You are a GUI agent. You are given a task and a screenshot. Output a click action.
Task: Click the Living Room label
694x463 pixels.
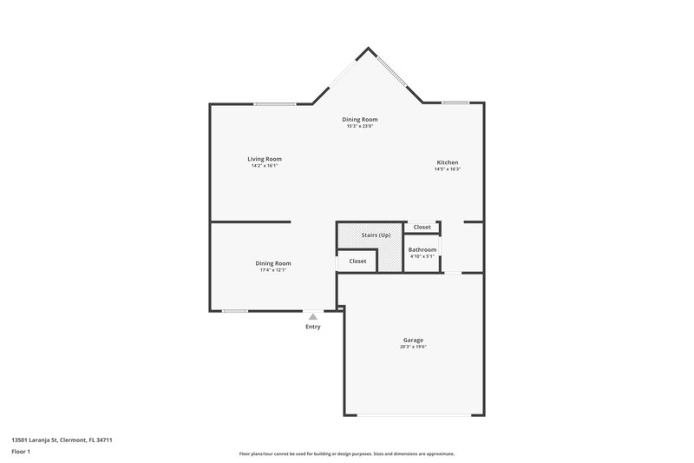coord(265,159)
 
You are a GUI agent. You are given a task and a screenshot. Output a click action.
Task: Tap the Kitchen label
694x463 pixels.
coord(448,162)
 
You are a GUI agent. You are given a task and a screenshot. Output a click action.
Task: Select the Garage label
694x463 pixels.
coord(413,340)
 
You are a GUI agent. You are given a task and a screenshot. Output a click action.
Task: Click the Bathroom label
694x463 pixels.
coord(423,249)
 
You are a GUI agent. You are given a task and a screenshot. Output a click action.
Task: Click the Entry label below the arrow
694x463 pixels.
coord(313,327)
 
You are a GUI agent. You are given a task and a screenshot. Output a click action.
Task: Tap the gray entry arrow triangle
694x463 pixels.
coord(313,317)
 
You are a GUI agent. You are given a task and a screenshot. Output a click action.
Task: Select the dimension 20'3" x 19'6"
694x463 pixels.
coord(413,347)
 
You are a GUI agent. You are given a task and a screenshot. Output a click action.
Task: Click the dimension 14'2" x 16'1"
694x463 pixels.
coord(265,166)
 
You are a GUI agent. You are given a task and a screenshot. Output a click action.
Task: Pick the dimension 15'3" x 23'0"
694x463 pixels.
coord(360,127)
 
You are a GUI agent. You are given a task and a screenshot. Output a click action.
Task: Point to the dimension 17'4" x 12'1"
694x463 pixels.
coord(273,270)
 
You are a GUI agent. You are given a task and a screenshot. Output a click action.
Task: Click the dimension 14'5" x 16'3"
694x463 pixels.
coord(448,169)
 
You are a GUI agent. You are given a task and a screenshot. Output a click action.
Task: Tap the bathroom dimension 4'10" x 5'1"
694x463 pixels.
coord(423,256)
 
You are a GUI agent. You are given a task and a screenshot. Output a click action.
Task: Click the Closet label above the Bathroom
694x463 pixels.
coord(422,227)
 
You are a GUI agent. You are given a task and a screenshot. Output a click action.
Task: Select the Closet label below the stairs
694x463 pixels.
coord(357,261)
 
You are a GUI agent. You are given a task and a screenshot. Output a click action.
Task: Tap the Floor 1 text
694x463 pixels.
coord(22,453)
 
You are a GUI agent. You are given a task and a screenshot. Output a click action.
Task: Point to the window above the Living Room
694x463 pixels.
coord(274,104)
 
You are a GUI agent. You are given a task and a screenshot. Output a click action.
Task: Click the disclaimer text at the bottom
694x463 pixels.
coord(346,453)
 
